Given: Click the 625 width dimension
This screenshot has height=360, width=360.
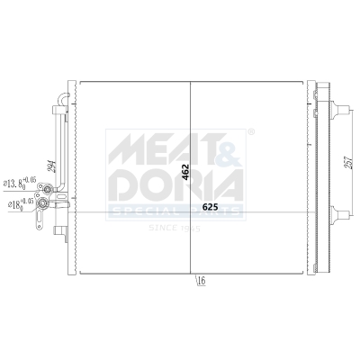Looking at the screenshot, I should pyautogui.click(x=210, y=208).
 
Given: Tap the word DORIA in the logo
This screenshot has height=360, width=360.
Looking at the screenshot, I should pyautogui.click(x=175, y=183).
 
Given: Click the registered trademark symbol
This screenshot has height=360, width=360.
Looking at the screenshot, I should pyautogui.click(x=250, y=132).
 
